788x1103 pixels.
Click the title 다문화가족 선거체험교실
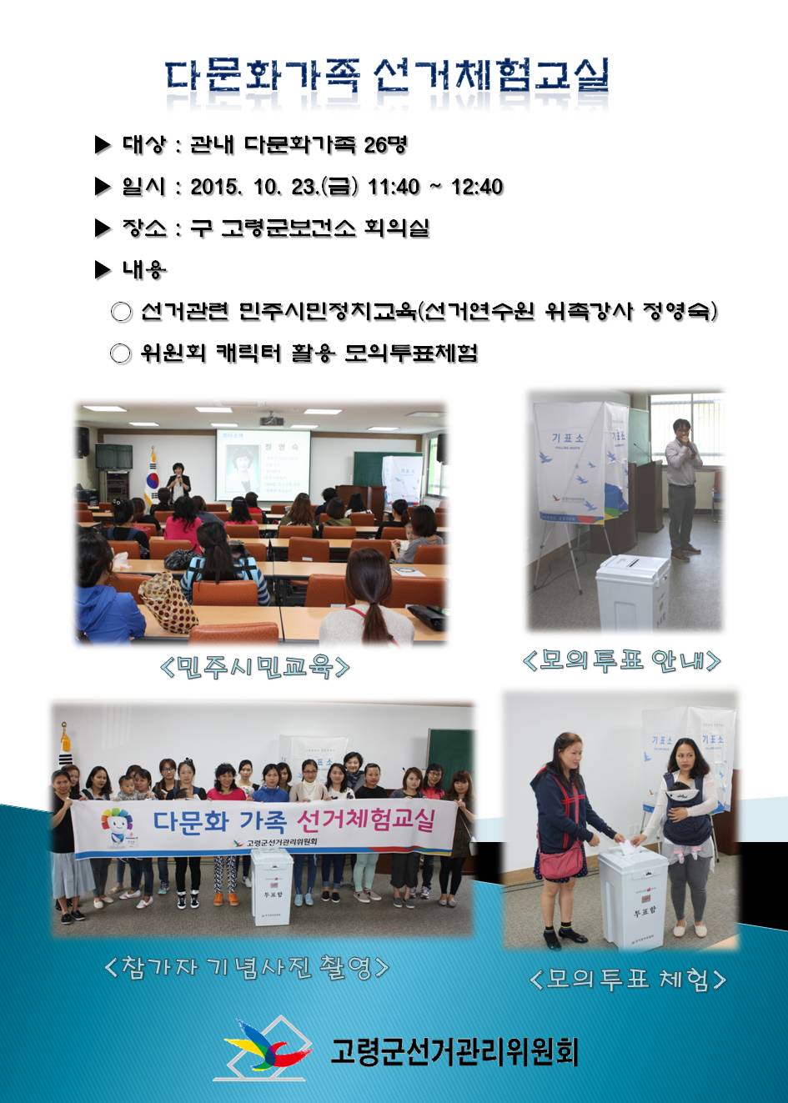pos(386,77)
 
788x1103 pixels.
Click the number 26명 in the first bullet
pos(385,145)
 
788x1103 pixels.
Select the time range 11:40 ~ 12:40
pos(435,186)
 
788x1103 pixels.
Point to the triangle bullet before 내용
pos(103,269)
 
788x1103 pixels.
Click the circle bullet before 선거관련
pos(122,313)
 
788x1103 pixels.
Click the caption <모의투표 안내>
pos(621,660)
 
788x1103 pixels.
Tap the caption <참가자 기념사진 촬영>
pos(247,966)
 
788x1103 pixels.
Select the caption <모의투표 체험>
pos(627,978)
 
